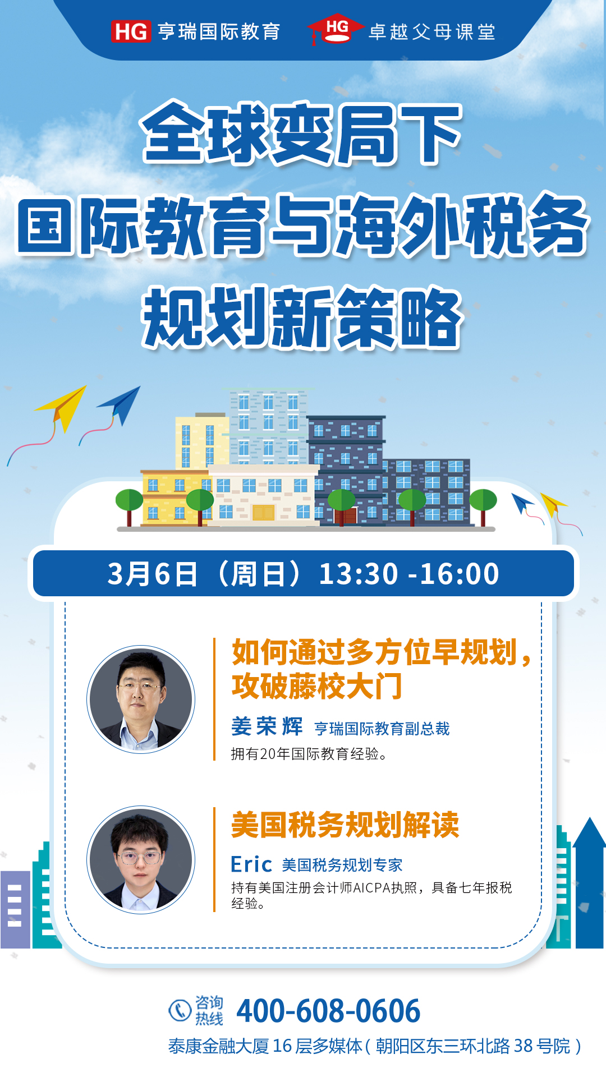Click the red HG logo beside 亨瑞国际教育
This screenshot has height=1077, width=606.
tap(131, 31)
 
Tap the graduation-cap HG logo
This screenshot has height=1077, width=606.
tap(336, 29)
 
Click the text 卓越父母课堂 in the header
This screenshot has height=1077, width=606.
tap(431, 32)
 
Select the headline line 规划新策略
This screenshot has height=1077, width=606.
tap(302, 317)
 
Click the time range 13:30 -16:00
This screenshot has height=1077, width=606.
tap(409, 574)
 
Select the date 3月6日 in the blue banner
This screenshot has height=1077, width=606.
tap(152, 574)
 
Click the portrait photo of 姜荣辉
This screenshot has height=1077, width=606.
tap(141, 699)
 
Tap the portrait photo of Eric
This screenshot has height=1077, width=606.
tap(141, 859)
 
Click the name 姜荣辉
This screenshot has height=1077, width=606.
tap(267, 726)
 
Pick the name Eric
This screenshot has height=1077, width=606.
tap(251, 864)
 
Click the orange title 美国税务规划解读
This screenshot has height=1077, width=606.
tap(345, 825)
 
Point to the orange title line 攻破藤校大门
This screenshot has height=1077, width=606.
tap(317, 685)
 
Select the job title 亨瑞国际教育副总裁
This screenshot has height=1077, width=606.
tap(382, 729)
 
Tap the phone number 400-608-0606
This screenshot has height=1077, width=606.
tap(328, 1011)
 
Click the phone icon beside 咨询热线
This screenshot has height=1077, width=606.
tap(180, 1010)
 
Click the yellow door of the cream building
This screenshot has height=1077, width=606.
tap(263, 512)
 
